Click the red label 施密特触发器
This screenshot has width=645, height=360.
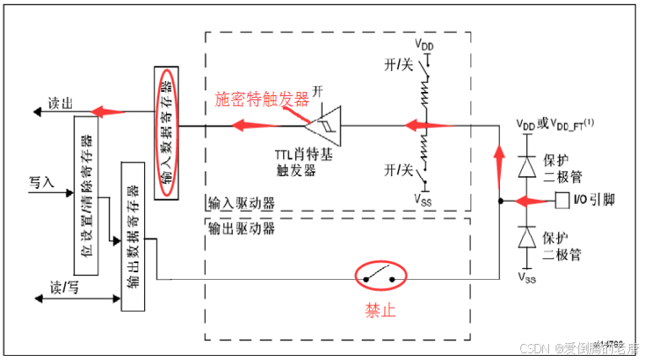[262, 98]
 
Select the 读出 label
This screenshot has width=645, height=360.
[60, 103]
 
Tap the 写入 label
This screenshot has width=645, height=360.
[41, 181]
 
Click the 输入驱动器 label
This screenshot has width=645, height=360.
[240, 203]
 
